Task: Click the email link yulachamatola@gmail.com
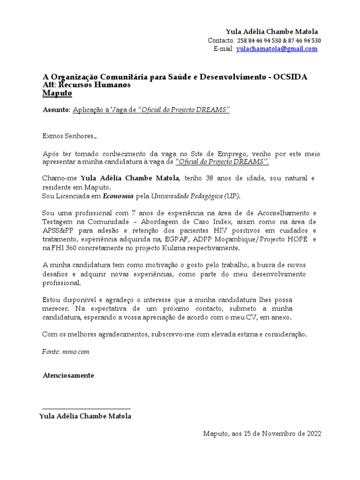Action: pos(277,49)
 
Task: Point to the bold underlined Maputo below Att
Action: pos(57,93)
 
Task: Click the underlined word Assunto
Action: pos(56,110)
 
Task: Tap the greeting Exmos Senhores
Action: pos(69,136)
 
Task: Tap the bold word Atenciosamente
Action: pos(68,375)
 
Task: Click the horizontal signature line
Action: pos(86,409)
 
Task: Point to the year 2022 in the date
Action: pos(313,434)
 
